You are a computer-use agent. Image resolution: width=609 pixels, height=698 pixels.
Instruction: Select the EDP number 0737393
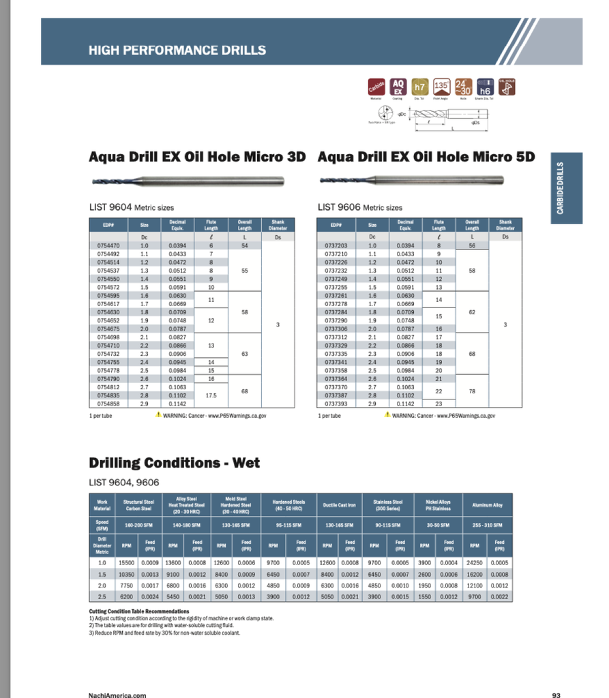pyautogui.click(x=337, y=404)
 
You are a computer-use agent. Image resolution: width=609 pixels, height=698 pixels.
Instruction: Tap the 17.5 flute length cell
pyautogui.click(x=211, y=395)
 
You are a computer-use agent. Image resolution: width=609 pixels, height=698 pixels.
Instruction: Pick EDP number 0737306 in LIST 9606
pyautogui.click(x=337, y=329)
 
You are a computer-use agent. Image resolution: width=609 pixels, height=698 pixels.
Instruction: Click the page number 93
pyautogui.click(x=556, y=695)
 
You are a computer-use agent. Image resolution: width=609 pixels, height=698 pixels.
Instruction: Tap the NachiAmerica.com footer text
pyautogui.click(x=117, y=695)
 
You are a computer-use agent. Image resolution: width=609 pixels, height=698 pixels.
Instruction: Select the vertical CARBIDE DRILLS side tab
pyautogui.click(x=560, y=188)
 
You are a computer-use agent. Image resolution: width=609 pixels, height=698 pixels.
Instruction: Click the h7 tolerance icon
pyautogui.click(x=420, y=87)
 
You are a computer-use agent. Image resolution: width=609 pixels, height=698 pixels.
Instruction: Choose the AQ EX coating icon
pyautogui.click(x=398, y=87)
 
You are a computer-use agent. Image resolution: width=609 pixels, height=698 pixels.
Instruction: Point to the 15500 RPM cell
pyautogui.click(x=126, y=563)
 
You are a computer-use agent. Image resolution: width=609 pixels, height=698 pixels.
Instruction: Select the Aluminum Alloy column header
pyautogui.click(x=487, y=505)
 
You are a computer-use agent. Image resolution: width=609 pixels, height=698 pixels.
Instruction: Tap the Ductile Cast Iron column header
pyautogui.click(x=339, y=505)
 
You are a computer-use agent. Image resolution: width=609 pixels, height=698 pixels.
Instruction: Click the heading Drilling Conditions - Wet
pyautogui.click(x=174, y=464)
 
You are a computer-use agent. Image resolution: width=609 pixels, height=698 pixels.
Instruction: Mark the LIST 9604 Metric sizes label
pyautogui.click(x=132, y=207)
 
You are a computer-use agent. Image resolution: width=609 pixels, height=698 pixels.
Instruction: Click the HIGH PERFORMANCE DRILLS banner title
pyautogui.click(x=177, y=50)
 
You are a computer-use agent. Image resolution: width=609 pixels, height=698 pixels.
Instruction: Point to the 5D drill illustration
pyautogui.click(x=411, y=180)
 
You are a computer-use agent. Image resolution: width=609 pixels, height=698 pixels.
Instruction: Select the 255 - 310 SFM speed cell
pyautogui.click(x=487, y=525)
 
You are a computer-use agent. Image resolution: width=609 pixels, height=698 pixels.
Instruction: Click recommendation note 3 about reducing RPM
pyautogui.click(x=164, y=633)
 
